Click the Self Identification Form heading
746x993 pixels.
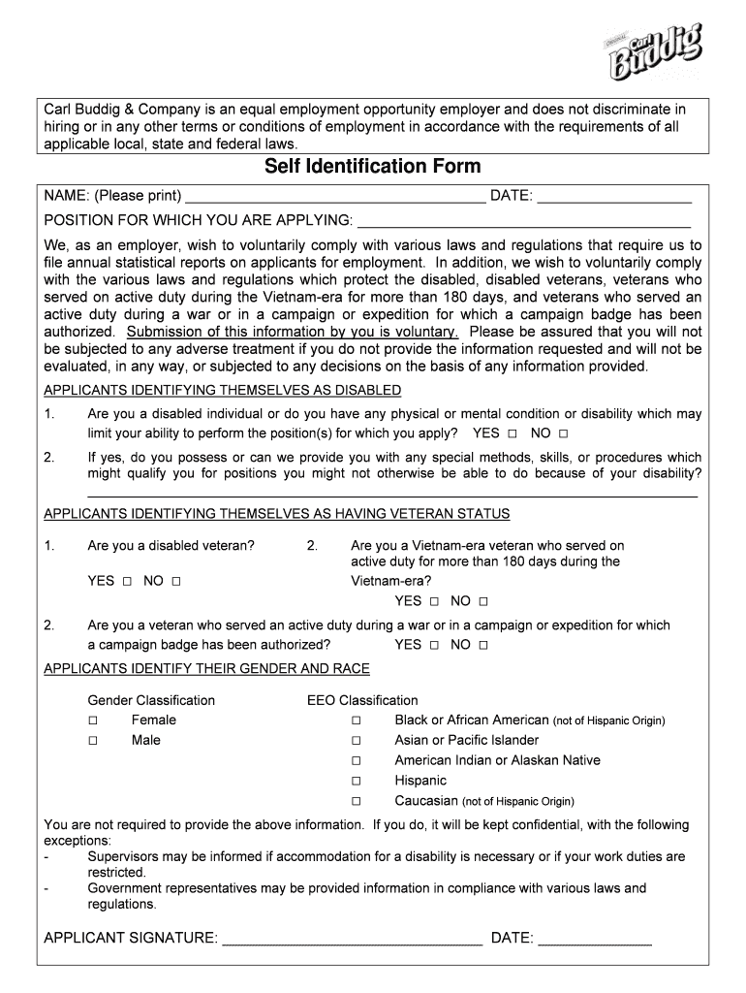pyautogui.click(x=373, y=167)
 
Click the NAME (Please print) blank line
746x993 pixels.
pyautogui.click(x=335, y=197)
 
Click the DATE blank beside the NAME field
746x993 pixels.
pyautogui.click(x=614, y=197)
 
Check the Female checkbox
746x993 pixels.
pyautogui.click(x=93, y=721)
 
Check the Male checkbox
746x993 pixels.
pyautogui.click(x=93, y=741)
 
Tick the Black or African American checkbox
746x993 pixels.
pyautogui.click(x=357, y=721)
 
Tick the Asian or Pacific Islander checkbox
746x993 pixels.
pyautogui.click(x=357, y=741)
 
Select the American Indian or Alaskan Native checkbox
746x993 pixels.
pyautogui.click(x=357, y=761)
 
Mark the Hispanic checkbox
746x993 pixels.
pyautogui.click(x=357, y=782)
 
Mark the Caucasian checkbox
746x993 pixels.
pyautogui.click(x=357, y=802)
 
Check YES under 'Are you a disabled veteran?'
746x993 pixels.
pyautogui.click(x=127, y=582)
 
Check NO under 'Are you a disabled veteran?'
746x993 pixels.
pyautogui.click(x=176, y=582)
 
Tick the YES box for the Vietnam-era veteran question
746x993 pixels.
pyautogui.click(x=434, y=602)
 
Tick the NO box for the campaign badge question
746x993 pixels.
pyautogui.click(x=483, y=646)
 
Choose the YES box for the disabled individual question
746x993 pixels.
pyautogui.click(x=513, y=434)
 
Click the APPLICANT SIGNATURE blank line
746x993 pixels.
pyautogui.click(x=352, y=939)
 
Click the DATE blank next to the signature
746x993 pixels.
pyautogui.click(x=595, y=939)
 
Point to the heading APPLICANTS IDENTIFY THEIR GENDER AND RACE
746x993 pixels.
pyautogui.click(x=207, y=669)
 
